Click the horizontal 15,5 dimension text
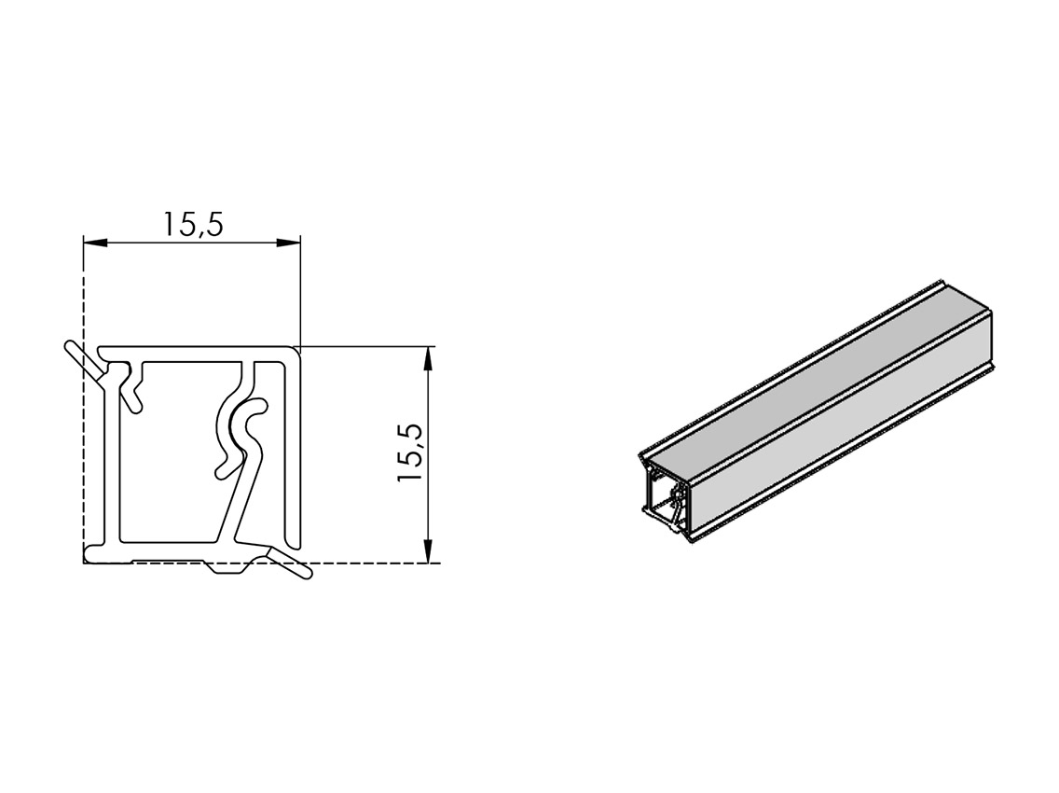point(193,225)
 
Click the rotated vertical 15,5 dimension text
point(410,452)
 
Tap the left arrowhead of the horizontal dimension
point(95,242)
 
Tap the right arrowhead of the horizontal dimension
point(288,242)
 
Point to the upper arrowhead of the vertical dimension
point(427,359)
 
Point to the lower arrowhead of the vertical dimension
point(427,550)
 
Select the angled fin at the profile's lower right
point(289,563)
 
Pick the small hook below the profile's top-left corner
point(131,390)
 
